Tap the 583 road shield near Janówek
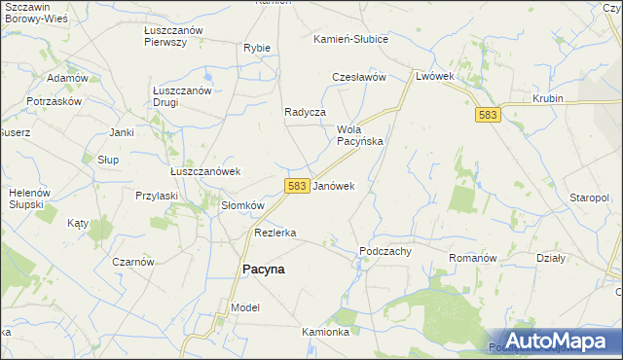click(298, 185)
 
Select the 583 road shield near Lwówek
click(489, 116)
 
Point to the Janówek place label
click(334, 185)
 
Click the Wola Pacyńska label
click(359, 135)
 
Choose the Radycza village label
click(304, 112)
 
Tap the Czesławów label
click(360, 77)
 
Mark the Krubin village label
click(550, 99)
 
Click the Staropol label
click(589, 198)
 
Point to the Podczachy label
click(385, 250)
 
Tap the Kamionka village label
click(325, 332)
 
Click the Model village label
click(245, 307)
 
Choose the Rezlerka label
click(275, 234)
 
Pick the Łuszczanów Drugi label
click(182, 96)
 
